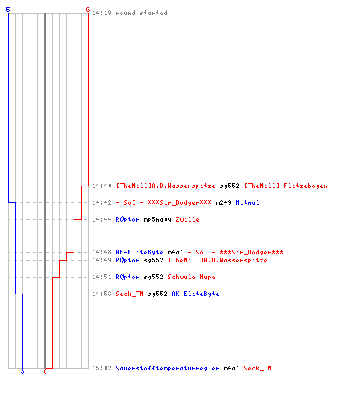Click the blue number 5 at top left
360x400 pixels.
click(8, 10)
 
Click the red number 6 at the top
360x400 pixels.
click(88, 10)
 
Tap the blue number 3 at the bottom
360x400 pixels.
click(22, 371)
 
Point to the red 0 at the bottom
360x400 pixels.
click(45, 371)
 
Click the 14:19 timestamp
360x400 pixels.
click(102, 13)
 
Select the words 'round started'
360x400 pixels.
click(142, 13)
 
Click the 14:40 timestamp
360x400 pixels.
click(102, 186)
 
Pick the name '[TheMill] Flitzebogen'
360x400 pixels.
click(286, 186)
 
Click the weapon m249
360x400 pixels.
click(223, 202)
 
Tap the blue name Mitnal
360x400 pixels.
click(247, 202)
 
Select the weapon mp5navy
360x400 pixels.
click(158, 219)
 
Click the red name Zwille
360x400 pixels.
click(187, 219)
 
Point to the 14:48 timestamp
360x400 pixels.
click(102, 252)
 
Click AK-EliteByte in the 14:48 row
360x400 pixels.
click(139, 252)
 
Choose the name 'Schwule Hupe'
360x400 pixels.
click(191, 277)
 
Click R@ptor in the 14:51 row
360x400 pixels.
click(127, 277)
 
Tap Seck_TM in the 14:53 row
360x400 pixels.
click(130, 294)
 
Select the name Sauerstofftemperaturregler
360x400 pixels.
click(167, 368)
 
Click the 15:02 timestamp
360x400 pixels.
click(102, 368)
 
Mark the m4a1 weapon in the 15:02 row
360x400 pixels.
click(231, 368)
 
